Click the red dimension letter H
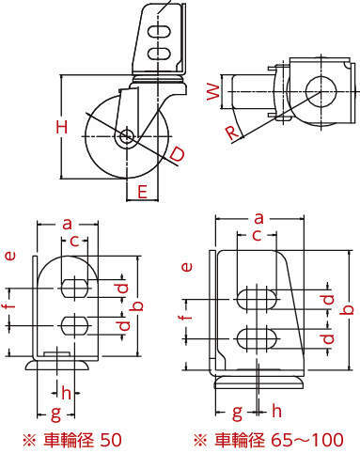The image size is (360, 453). click(x=62, y=127)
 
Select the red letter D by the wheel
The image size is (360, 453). click(x=177, y=155)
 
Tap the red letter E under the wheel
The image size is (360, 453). click(x=142, y=192)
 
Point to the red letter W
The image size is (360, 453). click(x=213, y=91)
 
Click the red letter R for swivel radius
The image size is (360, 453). click(x=232, y=133)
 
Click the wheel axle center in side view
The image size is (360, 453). click(x=127, y=136)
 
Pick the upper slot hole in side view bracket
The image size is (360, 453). click(x=159, y=32)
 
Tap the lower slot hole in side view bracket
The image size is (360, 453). click(x=159, y=53)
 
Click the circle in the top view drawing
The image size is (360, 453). click(x=321, y=91)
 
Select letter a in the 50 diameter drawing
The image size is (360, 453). click(x=67, y=225)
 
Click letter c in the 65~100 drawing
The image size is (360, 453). click(x=257, y=236)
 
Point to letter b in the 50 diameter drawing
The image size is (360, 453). click(x=138, y=305)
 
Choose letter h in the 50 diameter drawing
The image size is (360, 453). click(x=66, y=393)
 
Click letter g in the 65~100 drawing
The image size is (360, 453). click(x=238, y=413)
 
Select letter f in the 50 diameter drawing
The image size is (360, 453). click(x=10, y=304)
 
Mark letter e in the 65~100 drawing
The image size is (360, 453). click(x=187, y=267)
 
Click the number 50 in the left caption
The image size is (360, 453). click(x=111, y=440)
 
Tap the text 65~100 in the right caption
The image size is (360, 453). click(x=307, y=440)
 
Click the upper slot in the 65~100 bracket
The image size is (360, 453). click(x=258, y=299)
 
